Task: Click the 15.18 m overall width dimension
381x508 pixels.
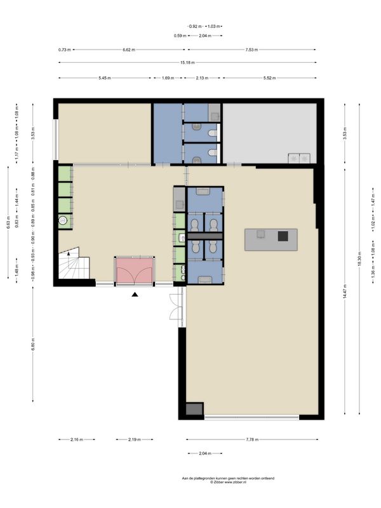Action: tap(187, 62)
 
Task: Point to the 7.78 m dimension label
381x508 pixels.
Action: tap(251, 439)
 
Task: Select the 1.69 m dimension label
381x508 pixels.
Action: tap(168, 77)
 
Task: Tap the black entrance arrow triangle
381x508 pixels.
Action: tap(134, 295)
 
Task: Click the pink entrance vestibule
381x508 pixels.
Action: tap(134, 271)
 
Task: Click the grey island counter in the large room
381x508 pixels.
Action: tap(270, 239)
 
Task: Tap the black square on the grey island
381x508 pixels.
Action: tap(283, 236)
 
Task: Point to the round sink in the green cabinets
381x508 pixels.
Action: tap(63, 221)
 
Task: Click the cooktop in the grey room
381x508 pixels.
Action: tap(299, 157)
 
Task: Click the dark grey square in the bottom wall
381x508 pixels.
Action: tap(195, 410)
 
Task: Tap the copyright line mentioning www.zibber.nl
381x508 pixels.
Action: tap(210, 482)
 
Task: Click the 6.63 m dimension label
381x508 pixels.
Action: tap(9, 224)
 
